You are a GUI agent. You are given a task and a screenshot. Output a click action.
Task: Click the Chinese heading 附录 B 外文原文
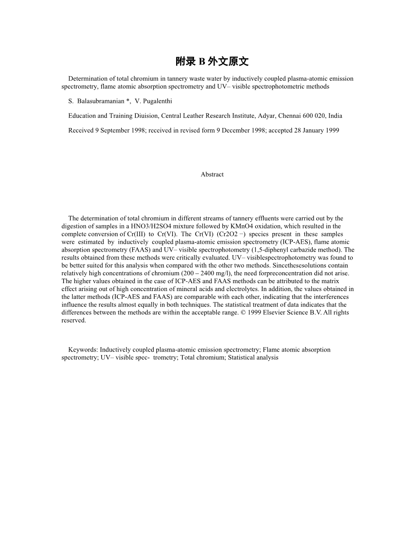coord(212,62)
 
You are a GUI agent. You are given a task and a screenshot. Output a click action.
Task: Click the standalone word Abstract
coord(212,174)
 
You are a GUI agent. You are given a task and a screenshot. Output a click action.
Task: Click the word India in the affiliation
coord(335,116)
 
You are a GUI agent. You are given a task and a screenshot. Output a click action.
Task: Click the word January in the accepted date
coord(312,131)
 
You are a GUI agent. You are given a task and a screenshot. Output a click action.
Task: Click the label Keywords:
coord(83,350)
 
